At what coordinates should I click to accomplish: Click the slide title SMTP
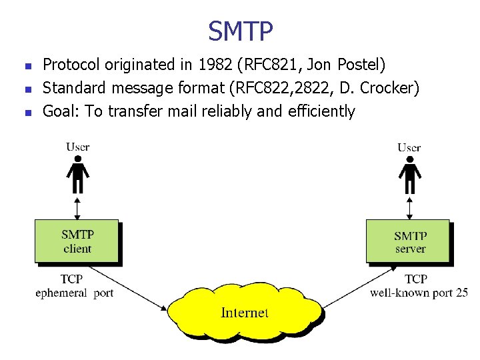240,30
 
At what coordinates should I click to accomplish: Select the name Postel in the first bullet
360,65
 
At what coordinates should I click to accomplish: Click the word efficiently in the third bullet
321,111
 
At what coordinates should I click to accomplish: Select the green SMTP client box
77,241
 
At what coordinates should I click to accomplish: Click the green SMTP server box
408,241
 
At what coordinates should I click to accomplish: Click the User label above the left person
78,147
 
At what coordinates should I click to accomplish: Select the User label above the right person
409,147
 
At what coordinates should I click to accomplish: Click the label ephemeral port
75,293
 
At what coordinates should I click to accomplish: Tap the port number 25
462,293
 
